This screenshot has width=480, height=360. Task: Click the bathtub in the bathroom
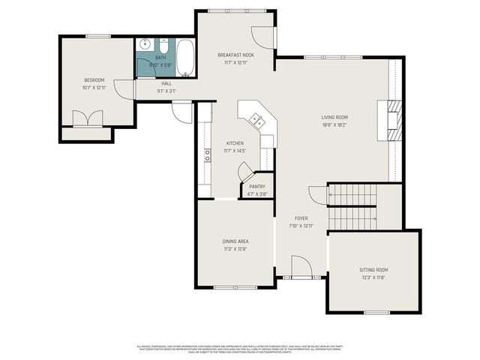pos(185,55)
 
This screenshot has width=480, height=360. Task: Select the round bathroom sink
pos(144,44)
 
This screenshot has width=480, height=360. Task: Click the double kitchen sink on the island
pos(256,118)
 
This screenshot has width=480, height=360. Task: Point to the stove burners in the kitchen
pos(206,156)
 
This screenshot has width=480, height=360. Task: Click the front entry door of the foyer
pos(301,267)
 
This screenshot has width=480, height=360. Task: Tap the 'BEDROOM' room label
pos(94,80)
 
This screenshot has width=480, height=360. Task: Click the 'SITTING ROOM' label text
pos(376,270)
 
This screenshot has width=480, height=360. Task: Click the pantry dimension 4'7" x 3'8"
pos(257,194)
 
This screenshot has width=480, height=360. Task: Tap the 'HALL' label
pos(166,83)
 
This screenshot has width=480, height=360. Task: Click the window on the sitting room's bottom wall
pos(375,313)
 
